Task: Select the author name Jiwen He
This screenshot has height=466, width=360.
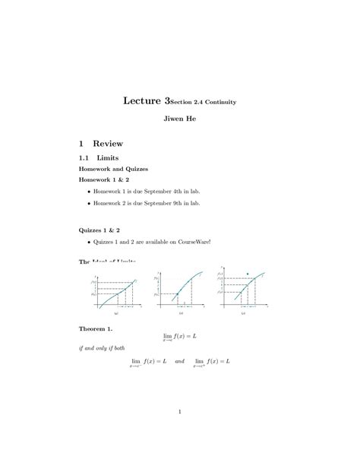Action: click(179, 120)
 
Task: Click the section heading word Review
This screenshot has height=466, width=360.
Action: click(112, 143)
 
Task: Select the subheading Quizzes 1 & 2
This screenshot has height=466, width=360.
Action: click(99, 229)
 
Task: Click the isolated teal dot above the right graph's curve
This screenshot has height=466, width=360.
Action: click(247, 273)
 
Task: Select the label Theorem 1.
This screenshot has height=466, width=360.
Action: click(96, 328)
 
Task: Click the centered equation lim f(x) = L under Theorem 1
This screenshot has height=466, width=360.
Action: click(179, 336)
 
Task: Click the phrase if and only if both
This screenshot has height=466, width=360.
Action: click(103, 347)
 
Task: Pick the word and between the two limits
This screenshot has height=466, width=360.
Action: click(179, 362)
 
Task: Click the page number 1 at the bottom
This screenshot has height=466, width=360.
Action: click(179, 413)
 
